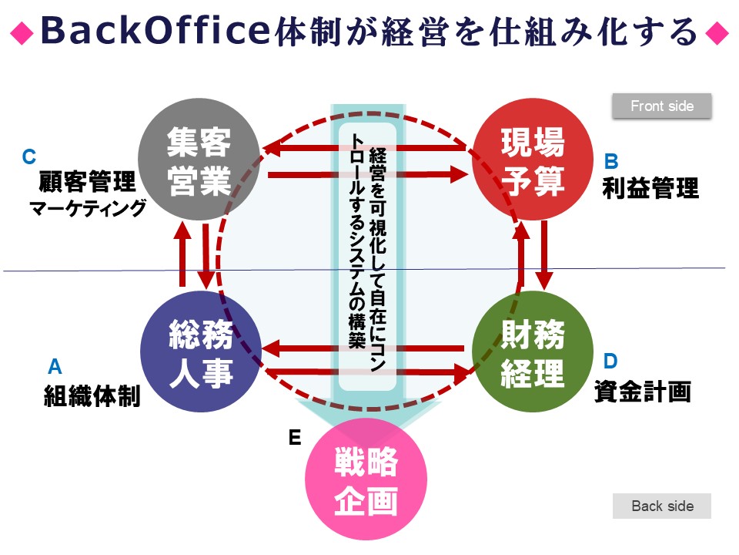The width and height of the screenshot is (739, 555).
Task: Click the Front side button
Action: pyautogui.click(x=662, y=106)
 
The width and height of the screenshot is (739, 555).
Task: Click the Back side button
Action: pyautogui.click(x=662, y=506)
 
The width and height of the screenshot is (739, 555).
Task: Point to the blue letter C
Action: pyautogui.click(x=29, y=157)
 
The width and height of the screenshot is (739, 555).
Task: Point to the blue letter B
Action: pyautogui.click(x=611, y=161)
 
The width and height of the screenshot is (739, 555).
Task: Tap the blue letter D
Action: pyautogui.click(x=610, y=362)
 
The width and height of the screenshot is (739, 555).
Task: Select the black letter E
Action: pyautogui.click(x=295, y=438)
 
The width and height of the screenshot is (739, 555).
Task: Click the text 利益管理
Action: pyautogui.click(x=650, y=188)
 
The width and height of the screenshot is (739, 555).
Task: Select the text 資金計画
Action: pyautogui.click(x=643, y=392)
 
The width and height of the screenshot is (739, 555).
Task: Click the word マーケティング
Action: pyautogui.click(x=87, y=208)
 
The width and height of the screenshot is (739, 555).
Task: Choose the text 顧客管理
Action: pyautogui.click(x=87, y=182)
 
